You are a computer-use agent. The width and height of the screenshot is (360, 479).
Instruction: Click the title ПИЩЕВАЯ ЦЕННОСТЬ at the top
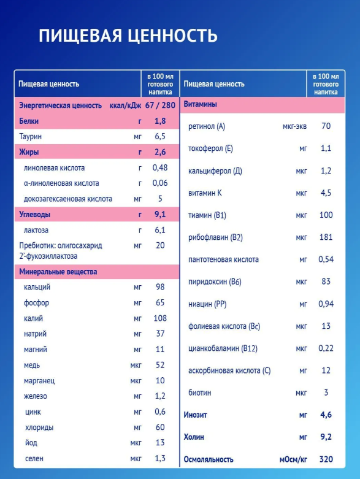click(128, 36)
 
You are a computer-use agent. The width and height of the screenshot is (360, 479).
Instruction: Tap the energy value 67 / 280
click(160, 105)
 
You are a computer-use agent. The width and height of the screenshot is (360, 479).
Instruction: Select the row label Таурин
click(31, 137)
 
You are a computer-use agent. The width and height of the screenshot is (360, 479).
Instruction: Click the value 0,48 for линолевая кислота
click(160, 167)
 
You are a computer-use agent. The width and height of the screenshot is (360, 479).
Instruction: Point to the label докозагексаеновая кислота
click(68, 199)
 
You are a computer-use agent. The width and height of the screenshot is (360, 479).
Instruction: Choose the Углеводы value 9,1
click(160, 215)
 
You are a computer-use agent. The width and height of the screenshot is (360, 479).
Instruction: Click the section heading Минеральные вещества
click(58, 272)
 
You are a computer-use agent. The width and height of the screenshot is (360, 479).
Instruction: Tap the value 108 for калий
click(160, 318)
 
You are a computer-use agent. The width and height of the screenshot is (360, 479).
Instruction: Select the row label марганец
click(39, 381)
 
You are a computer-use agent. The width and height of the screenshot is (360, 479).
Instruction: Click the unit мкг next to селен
click(136, 459)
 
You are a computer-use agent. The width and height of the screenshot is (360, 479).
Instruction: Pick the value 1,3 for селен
click(160, 458)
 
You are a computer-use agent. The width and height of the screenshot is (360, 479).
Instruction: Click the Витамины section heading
click(201, 104)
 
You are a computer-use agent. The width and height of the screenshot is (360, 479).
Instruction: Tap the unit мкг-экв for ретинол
click(294, 126)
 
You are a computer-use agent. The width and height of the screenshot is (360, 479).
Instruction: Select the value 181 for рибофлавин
click(326, 237)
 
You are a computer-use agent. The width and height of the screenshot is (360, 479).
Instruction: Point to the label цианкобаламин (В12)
click(223, 348)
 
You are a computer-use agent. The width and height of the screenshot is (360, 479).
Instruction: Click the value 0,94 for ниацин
click(326, 304)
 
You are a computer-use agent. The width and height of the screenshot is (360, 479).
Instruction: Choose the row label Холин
click(194, 437)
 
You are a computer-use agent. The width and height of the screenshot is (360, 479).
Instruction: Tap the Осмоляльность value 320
click(326, 459)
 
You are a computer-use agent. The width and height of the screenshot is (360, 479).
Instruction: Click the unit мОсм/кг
click(293, 460)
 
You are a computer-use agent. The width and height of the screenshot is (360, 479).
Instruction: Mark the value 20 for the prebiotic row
click(160, 245)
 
